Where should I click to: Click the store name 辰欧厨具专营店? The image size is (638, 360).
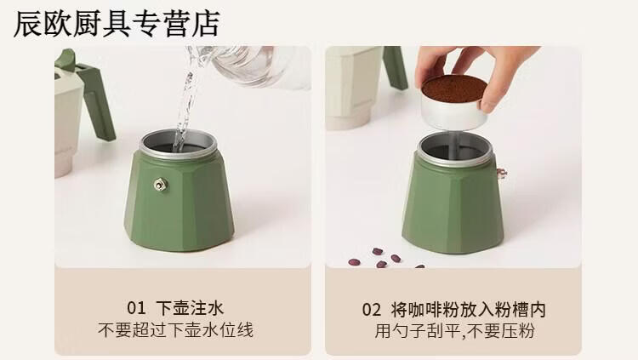pos(117,24)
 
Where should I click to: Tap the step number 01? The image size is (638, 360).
pos(136,308)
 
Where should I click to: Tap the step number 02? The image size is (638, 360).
pos(372,310)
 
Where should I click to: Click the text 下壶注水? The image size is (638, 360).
pos(190,308)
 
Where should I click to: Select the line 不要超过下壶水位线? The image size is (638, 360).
pos(175,330)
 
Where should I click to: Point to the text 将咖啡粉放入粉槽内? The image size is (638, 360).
pos(469,310)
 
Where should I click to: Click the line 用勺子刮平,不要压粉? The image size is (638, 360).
pos(454,331)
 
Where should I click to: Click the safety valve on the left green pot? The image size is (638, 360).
pos(160,185)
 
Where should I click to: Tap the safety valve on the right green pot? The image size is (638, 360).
pos(501,173)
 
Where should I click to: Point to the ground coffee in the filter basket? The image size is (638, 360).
pos(454,89)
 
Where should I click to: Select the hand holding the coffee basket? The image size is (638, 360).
pos(480,71)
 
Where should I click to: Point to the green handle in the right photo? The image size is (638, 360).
pos(395,67)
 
